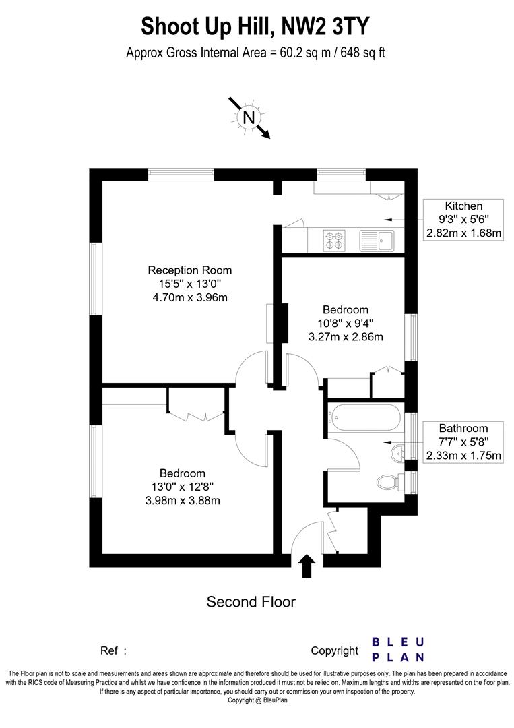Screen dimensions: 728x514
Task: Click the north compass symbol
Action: click(x=249, y=117)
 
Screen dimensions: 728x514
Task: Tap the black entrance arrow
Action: click(x=307, y=566)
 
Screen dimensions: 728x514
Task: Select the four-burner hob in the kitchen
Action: click(x=334, y=239)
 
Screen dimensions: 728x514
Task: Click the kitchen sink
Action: click(x=377, y=239)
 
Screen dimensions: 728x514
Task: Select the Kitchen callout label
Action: click(x=463, y=206)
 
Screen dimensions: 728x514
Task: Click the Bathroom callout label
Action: click(x=463, y=428)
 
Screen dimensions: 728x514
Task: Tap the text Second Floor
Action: click(x=251, y=601)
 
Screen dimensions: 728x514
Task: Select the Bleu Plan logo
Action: click(x=398, y=649)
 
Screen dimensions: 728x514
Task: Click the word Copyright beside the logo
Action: click(x=334, y=650)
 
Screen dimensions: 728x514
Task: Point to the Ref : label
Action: click(x=113, y=650)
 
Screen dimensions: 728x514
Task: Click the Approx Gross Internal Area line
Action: click(x=255, y=53)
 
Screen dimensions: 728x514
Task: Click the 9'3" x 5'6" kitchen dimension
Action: click(x=463, y=220)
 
